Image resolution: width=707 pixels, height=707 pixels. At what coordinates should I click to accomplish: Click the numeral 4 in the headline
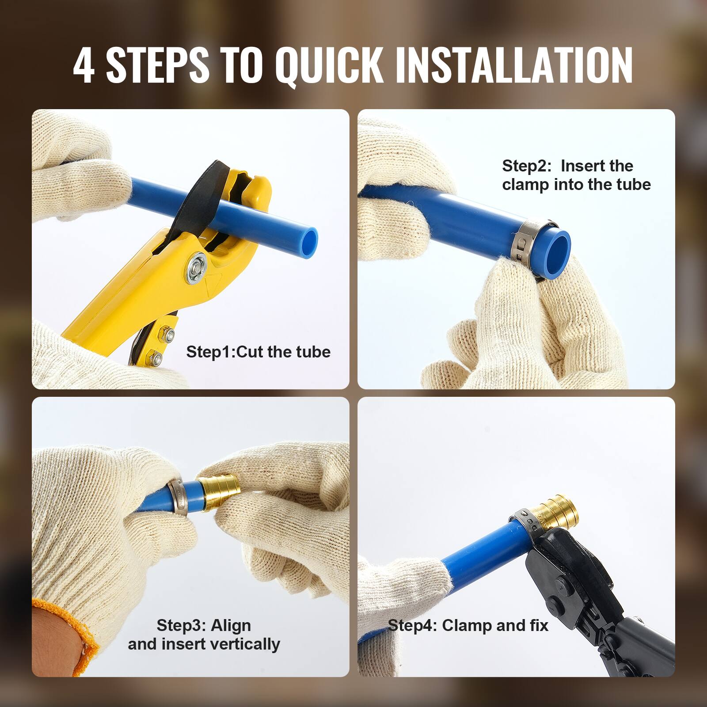pos(84,65)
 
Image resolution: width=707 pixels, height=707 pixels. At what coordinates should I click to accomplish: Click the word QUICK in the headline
pos(329,65)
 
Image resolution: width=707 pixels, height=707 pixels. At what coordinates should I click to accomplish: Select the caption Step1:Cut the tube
pos(258,352)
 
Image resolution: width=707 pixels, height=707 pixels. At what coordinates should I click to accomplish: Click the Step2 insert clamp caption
pos(576,175)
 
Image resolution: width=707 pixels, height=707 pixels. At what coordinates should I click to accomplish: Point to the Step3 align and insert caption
pos(204,635)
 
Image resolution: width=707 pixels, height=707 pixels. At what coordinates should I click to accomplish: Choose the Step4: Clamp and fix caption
pos(468,625)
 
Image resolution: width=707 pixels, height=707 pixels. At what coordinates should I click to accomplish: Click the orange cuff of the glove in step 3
pos(75,627)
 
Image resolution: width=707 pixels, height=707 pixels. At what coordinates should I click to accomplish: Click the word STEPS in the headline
pos(157,65)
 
